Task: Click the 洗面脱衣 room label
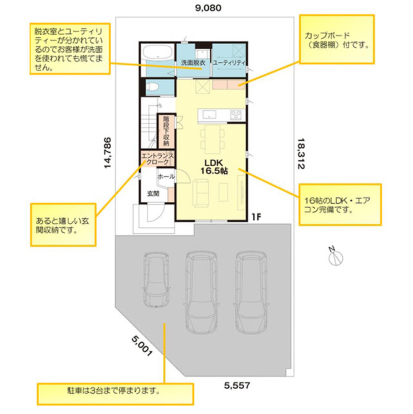(193, 63)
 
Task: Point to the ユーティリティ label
(230, 63)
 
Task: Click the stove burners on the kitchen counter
(236, 115)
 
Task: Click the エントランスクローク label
(158, 158)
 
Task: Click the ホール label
(166, 176)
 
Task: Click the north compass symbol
(335, 257)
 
